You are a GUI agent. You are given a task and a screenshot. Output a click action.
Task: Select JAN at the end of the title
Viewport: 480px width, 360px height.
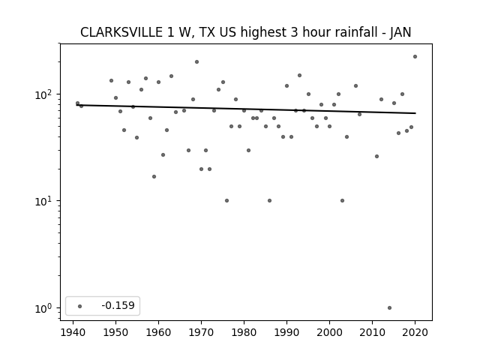point(400,32)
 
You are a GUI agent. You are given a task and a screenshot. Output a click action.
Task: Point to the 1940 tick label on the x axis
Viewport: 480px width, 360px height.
point(73,332)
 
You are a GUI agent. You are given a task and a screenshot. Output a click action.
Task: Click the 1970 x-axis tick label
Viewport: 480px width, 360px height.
point(201,332)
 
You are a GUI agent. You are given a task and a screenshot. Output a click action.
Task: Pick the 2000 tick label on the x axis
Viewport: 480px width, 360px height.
point(329,332)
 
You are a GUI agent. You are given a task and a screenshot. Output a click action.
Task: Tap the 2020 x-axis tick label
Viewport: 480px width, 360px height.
point(415,332)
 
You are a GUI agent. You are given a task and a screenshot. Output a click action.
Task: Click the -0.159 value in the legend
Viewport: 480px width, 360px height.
point(118,305)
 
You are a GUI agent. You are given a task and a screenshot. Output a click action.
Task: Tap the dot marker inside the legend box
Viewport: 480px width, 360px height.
point(80,306)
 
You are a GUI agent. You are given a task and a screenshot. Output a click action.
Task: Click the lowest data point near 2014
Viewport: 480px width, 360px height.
point(389,308)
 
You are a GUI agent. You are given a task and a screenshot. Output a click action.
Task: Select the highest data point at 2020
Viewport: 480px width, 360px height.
point(415,57)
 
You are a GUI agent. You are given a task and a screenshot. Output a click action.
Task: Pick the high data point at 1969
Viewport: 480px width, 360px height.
point(196,61)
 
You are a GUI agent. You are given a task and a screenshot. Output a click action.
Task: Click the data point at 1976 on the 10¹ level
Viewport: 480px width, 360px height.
point(226,201)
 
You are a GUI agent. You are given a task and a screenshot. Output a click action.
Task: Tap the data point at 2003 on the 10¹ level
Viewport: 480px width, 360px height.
point(342,201)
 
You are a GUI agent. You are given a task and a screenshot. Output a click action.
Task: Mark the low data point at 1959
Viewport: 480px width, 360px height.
point(154,177)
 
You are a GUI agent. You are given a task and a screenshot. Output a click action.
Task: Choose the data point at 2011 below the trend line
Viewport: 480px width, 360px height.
point(376,157)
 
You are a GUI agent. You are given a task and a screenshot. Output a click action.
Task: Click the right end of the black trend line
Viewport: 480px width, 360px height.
point(415,113)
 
